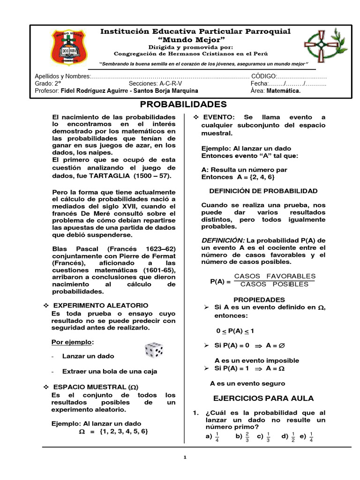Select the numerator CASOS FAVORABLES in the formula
point(275,276)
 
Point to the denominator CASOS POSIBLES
point(275,284)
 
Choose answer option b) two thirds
point(244,437)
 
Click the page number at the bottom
point(185,457)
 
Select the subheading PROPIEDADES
point(259,300)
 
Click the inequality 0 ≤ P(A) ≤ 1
point(235,330)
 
